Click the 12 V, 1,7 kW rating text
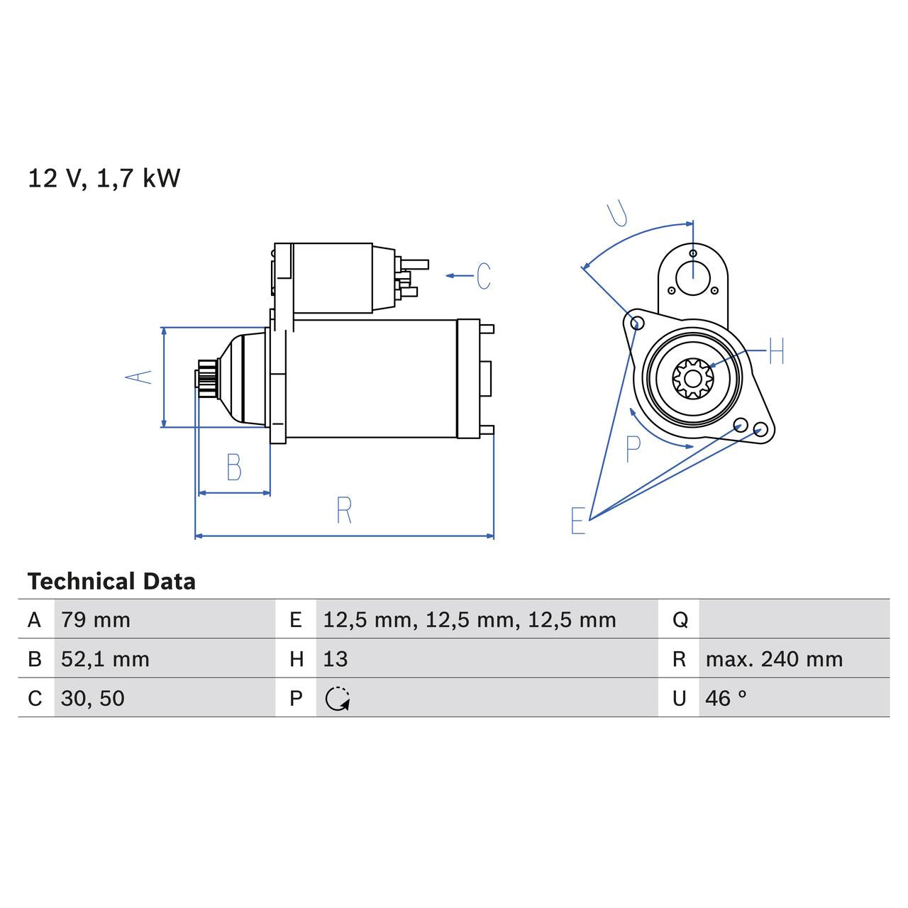(104, 179)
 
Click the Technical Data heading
(111, 582)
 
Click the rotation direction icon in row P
(337, 699)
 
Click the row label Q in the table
(679, 620)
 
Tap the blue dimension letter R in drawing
(344, 511)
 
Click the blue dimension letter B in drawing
(233, 467)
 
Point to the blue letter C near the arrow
(483, 276)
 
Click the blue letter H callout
(776, 351)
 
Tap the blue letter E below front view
(578, 521)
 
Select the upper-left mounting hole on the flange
(637, 323)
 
